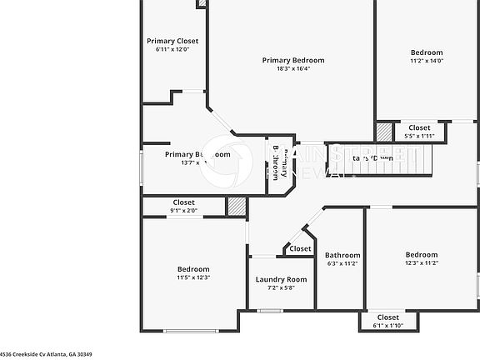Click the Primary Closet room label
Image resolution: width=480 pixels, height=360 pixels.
click(x=172, y=41)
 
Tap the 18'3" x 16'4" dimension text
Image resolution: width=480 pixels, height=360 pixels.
click(x=293, y=69)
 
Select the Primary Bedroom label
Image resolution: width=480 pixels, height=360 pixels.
click(x=293, y=60)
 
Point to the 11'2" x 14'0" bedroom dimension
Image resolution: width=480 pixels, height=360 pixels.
click(x=427, y=60)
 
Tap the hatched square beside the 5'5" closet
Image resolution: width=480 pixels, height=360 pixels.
click(x=384, y=132)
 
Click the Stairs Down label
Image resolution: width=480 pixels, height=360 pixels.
click(x=372, y=157)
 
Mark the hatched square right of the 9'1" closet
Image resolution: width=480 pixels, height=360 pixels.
click(x=237, y=207)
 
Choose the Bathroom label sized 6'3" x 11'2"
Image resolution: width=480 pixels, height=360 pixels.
click(x=342, y=255)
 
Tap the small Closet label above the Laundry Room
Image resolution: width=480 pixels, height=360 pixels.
click(x=300, y=248)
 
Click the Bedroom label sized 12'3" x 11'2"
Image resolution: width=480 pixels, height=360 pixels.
click(x=422, y=254)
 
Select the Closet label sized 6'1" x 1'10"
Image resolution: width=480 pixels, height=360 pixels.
click(x=387, y=317)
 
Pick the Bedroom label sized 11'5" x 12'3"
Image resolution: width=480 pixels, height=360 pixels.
click(x=193, y=268)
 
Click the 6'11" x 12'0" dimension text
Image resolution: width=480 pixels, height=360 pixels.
click(x=172, y=49)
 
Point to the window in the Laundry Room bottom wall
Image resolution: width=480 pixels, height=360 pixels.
click(x=268, y=311)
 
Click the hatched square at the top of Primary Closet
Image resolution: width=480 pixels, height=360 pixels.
click(x=202, y=3)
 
